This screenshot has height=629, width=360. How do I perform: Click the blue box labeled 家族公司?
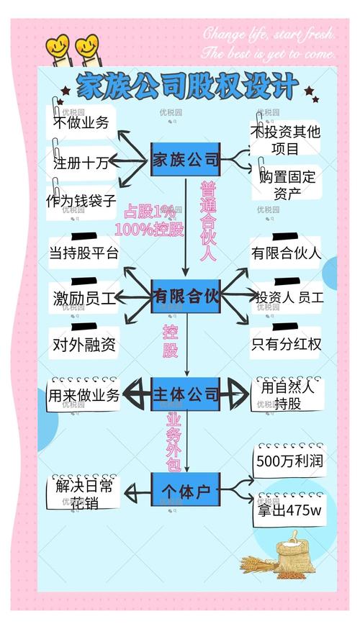pos(185,160)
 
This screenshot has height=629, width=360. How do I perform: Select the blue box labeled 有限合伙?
pos(185,296)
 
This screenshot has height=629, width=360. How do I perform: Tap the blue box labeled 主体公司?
pos(185,394)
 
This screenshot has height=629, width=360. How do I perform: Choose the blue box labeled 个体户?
pos(185,492)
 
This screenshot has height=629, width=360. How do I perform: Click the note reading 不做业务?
pos(81,122)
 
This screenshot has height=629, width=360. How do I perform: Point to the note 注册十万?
pos(81,163)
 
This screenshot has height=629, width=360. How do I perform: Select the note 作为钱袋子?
pos(81,201)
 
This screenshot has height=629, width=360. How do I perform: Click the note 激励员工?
pos(84,298)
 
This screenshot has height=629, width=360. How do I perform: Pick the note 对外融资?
pos(84,345)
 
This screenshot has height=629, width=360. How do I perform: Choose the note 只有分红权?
pos(286,344)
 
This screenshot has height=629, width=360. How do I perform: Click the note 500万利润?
pos(289,461)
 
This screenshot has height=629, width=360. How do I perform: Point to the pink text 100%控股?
pos(148,230)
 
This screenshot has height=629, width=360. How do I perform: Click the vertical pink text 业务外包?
pos(174,441)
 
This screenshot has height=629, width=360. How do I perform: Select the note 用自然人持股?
pos(288,395)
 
